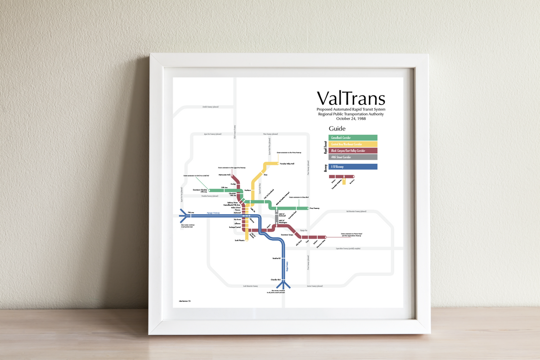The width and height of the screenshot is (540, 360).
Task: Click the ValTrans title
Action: click(x=351, y=98)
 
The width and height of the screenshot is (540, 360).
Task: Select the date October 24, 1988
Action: click(x=351, y=119)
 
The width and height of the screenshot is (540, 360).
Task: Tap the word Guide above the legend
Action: click(x=337, y=129)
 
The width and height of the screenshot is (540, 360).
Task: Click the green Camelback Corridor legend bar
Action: click(x=353, y=137)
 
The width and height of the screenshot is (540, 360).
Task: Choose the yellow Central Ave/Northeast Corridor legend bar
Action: click(x=353, y=144)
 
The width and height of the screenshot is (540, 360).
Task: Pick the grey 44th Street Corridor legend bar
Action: click(x=353, y=157)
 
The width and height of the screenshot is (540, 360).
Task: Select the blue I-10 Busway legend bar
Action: click(x=353, y=167)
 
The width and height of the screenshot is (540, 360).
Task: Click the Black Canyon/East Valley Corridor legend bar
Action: click(x=353, y=150)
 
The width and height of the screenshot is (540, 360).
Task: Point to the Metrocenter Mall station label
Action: click(x=225, y=174)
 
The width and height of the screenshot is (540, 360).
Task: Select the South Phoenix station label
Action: click(x=239, y=241)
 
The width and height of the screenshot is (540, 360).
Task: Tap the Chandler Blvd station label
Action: click(x=275, y=279)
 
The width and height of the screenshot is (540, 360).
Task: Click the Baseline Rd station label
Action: click(x=276, y=259)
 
